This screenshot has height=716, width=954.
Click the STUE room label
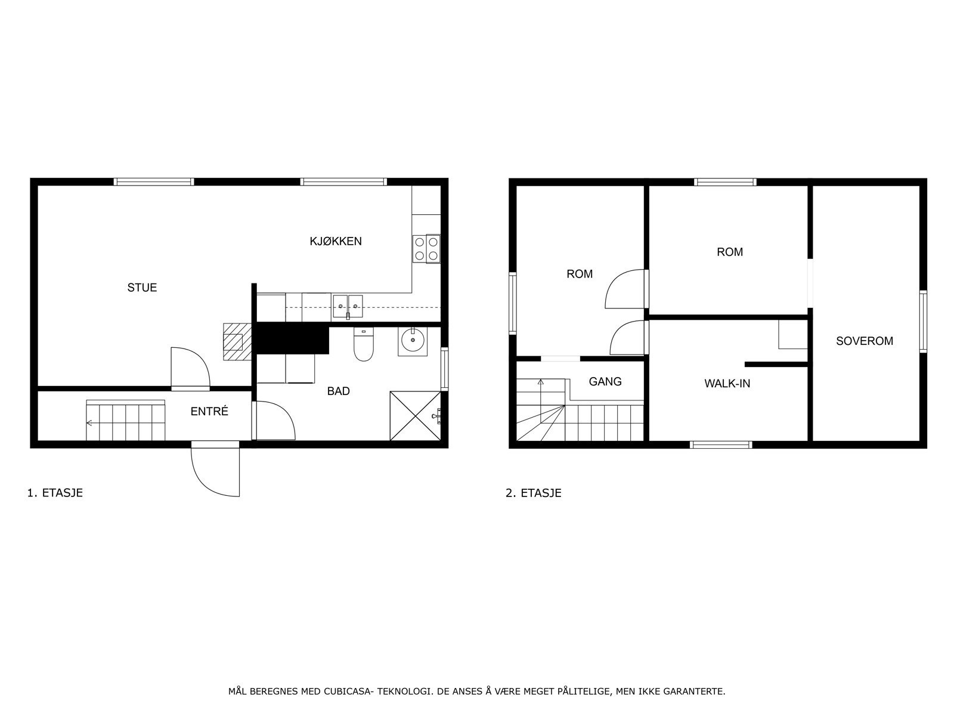click(142, 288)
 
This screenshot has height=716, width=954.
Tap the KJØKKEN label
click(335, 242)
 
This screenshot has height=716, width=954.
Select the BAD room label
click(338, 391)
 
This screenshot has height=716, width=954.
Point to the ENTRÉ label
click(209, 412)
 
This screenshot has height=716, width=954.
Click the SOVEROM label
click(864, 341)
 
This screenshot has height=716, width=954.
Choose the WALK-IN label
click(727, 384)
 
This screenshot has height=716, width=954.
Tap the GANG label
click(605, 382)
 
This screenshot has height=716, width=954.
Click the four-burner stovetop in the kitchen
click(426, 249)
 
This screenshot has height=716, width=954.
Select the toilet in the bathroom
click(363, 345)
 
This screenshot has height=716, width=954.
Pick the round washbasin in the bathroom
click(412, 341)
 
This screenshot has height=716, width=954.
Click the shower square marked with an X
click(415, 416)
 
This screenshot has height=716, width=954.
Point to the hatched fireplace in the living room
click(236, 342)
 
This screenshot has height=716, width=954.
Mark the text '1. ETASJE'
click(55, 493)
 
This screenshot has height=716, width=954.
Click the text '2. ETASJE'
click(533, 493)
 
